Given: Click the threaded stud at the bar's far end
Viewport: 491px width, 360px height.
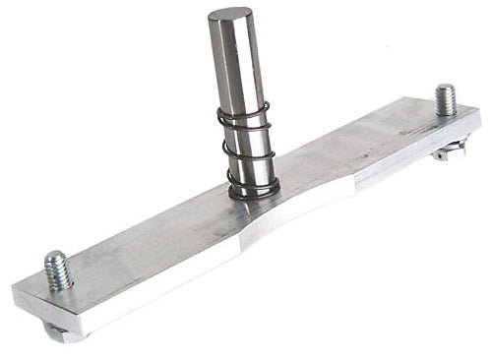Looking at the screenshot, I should click(446, 100).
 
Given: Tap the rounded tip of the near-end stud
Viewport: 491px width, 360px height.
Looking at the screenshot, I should click(55, 257).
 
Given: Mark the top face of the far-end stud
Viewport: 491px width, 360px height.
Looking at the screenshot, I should click(445, 89).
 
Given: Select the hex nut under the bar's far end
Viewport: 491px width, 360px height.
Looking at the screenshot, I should click(450, 150).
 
